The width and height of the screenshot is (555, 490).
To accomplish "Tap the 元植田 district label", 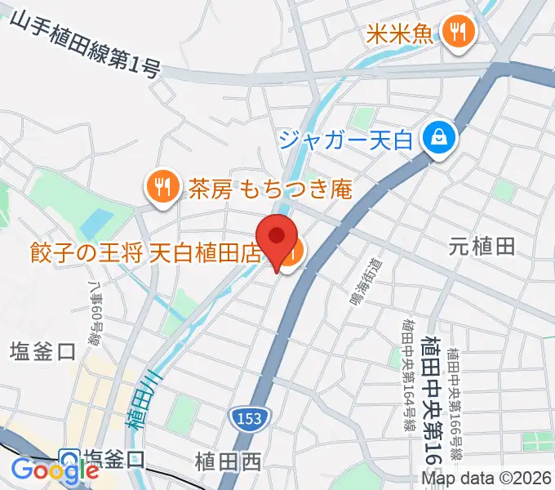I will [482, 246].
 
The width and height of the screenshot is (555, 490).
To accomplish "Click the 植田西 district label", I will [229, 461].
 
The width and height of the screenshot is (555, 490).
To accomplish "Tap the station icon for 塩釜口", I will [69, 460].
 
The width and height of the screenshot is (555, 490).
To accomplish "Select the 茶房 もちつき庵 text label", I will [269, 189].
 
